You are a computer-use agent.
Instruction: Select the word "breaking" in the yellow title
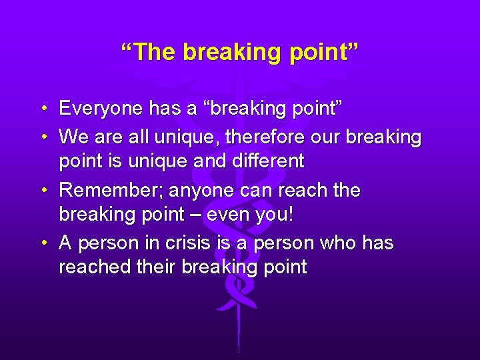tap(223, 52)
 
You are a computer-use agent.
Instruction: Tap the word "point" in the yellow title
tap(317, 52)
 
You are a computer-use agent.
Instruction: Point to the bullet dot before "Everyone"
tap(42, 109)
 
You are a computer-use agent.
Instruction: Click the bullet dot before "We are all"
tap(42, 138)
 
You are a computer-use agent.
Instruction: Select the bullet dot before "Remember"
tap(42, 191)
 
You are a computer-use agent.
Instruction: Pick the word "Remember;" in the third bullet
tap(111, 191)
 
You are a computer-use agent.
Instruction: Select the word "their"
tap(160, 267)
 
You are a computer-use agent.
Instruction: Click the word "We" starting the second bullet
tap(72, 137)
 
